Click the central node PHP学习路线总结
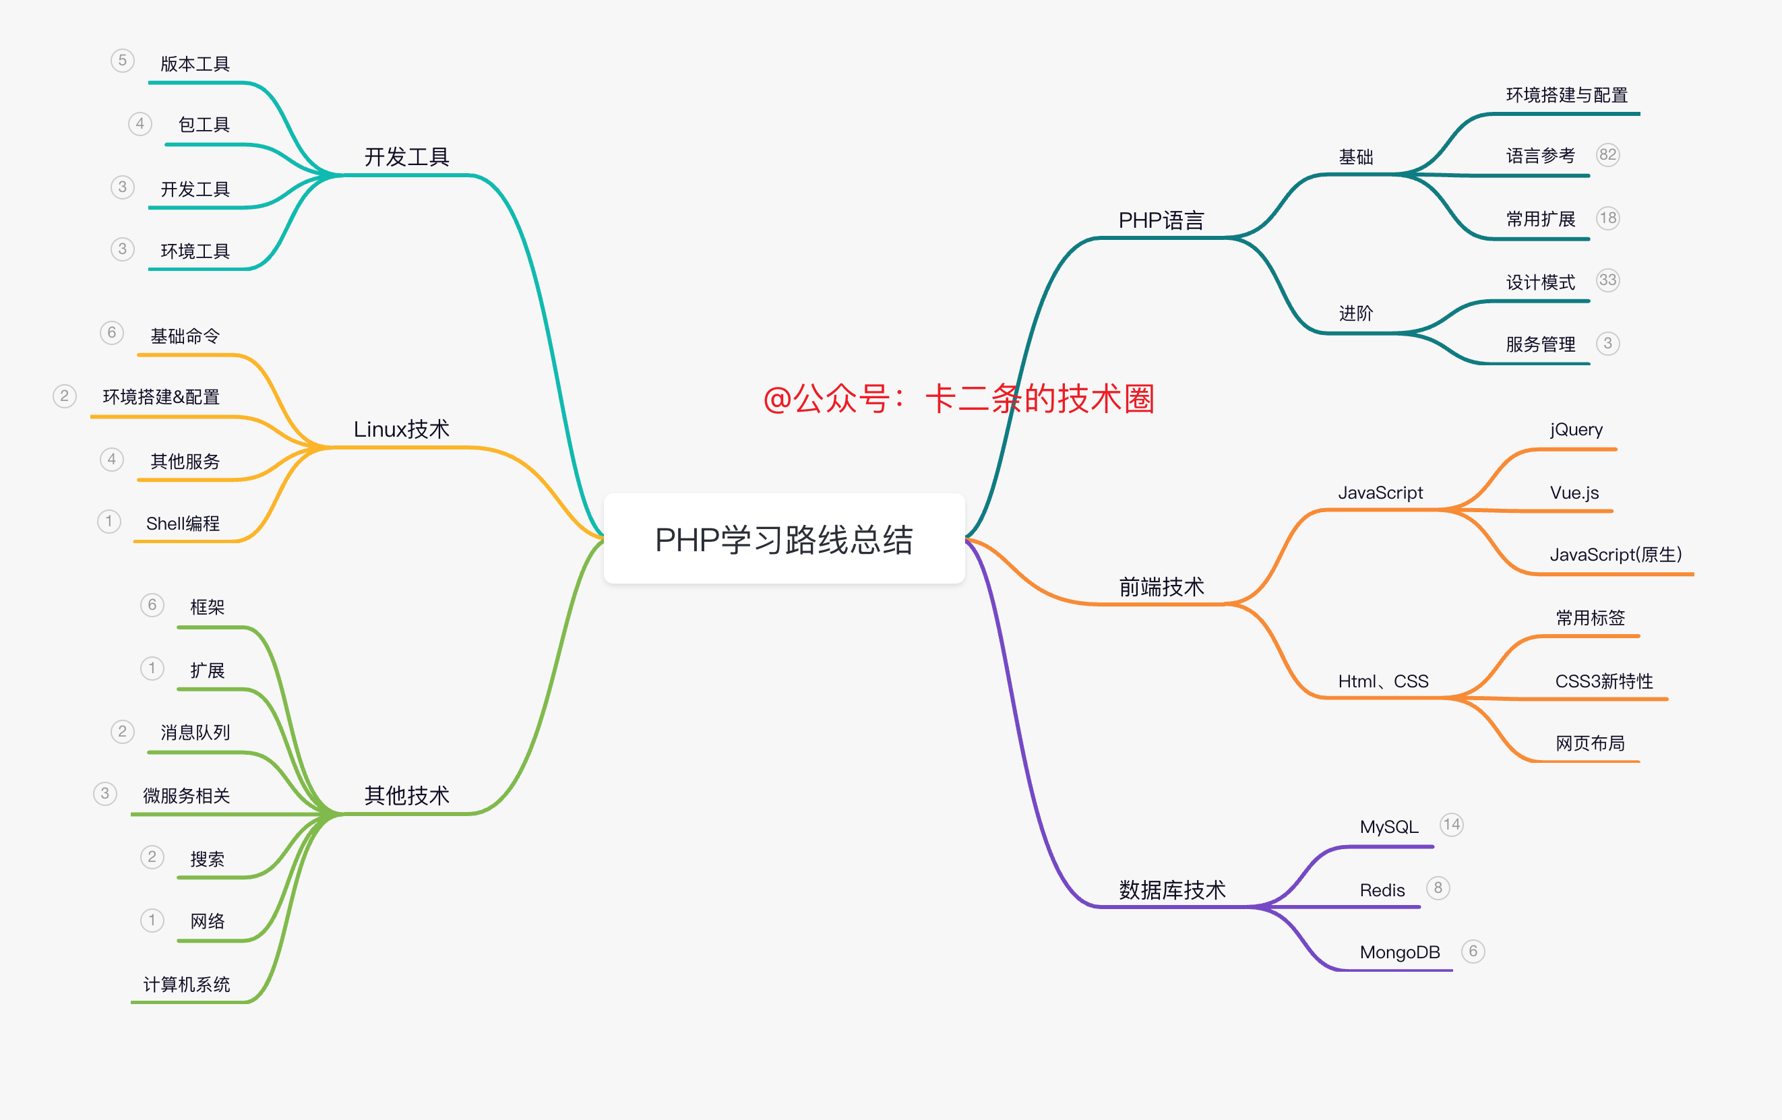[784, 539]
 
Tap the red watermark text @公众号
[958, 399]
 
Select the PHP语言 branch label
[1161, 220]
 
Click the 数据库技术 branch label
[1171, 890]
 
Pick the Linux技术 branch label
[401, 429]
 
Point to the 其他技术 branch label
[406, 795]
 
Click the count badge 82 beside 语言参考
[1607, 154]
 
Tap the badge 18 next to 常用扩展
[1607, 218]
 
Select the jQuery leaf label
[1576, 430]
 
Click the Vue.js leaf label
[1574, 493]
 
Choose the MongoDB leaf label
[1399, 952]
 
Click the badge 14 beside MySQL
[1451, 825]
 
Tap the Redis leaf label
[1382, 890]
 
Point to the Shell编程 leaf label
[183, 524]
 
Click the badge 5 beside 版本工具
[122, 61]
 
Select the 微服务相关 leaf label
[187, 796]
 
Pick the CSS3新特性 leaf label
[1603, 681]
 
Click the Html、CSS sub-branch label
[1382, 681]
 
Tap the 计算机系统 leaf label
[187, 985]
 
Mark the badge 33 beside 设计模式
[1607, 280]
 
